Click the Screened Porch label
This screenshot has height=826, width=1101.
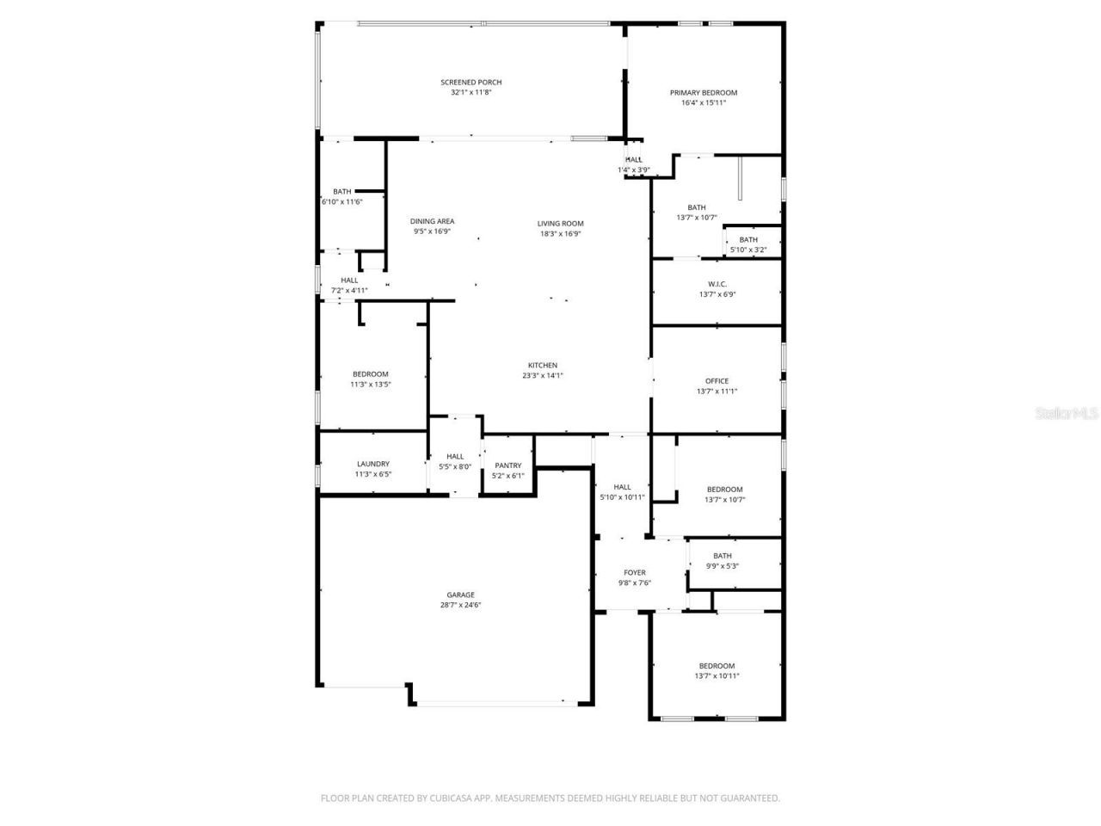tap(471, 83)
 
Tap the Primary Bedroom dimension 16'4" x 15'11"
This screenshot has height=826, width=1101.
tap(703, 103)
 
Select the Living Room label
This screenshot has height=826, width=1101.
tap(560, 224)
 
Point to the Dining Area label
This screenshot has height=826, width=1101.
tap(432, 221)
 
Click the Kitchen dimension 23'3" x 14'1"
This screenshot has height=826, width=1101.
tap(542, 376)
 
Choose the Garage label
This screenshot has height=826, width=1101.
tap(460, 595)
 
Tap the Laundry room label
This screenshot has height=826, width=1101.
tap(372, 464)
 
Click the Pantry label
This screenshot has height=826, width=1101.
tap(507, 465)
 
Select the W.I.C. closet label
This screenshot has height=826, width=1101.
tap(717, 284)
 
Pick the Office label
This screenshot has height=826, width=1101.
tap(717, 381)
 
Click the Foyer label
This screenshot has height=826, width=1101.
tap(634, 573)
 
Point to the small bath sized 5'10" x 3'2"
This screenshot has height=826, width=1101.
tap(748, 245)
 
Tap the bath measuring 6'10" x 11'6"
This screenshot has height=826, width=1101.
tap(341, 197)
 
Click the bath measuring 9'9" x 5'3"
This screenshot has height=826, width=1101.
tap(722, 561)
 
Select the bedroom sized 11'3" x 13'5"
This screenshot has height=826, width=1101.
tap(370, 379)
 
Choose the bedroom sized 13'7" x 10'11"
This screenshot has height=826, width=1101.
tap(717, 671)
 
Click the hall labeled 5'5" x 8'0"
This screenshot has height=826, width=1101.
tap(455, 462)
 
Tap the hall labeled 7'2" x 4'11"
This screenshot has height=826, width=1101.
tap(349, 286)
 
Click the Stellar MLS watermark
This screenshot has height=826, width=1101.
tap(1067, 414)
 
